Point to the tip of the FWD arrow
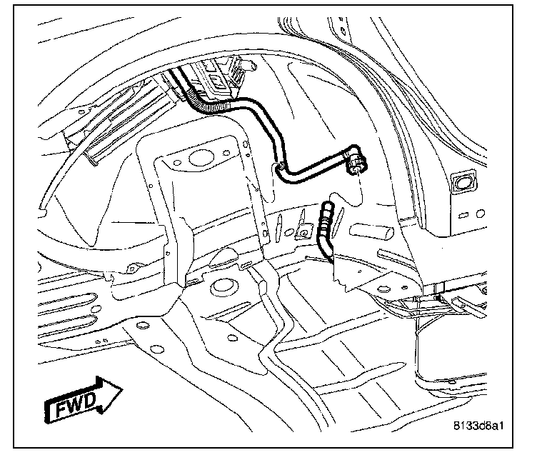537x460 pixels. click(x=122, y=389)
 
